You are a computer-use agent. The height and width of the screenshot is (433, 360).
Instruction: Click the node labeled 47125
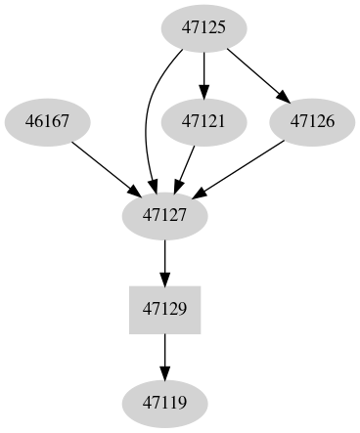click(204, 28)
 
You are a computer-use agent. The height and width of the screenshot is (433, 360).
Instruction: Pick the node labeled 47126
click(311, 122)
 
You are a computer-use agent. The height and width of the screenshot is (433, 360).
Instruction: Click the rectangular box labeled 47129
click(164, 309)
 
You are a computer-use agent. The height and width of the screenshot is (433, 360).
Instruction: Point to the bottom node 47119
click(164, 402)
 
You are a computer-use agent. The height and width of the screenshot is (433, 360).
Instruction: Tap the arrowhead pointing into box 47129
click(164, 278)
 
